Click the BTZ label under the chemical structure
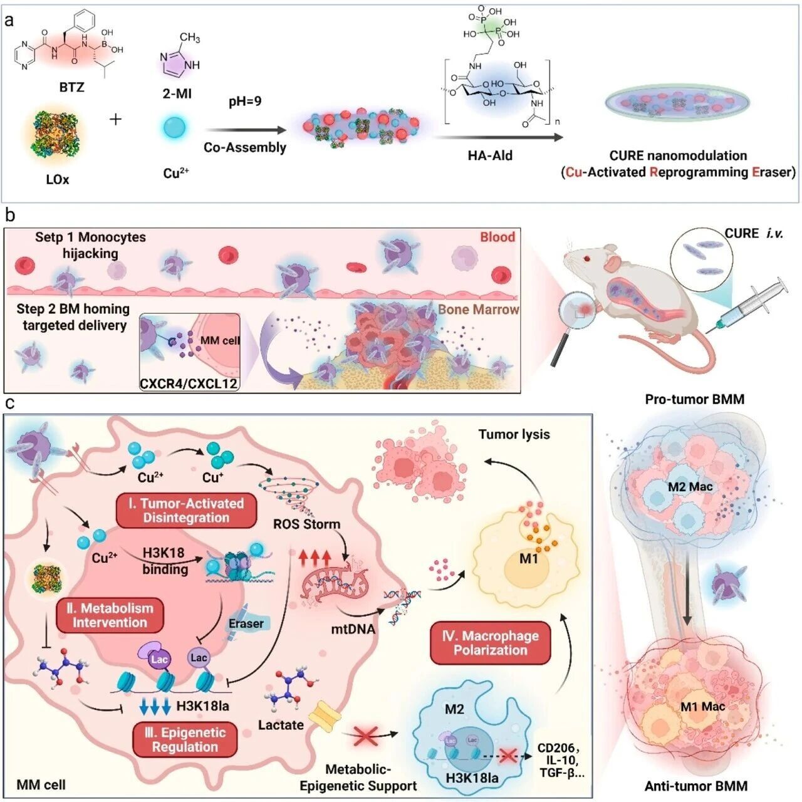pos(71,87)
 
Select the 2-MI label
pos(177,94)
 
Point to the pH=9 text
pos(245,102)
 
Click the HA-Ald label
pos(490,155)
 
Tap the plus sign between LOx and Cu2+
pos(116,120)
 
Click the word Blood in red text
pos(497,237)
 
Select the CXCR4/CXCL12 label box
pos(189,383)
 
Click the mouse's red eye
pos(586,259)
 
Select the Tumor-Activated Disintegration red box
pos(185,511)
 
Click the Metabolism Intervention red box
pos(110,615)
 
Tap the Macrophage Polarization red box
pos(490,643)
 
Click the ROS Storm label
pos(306,524)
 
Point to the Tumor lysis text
pos(514,434)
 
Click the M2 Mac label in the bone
pos(690,487)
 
